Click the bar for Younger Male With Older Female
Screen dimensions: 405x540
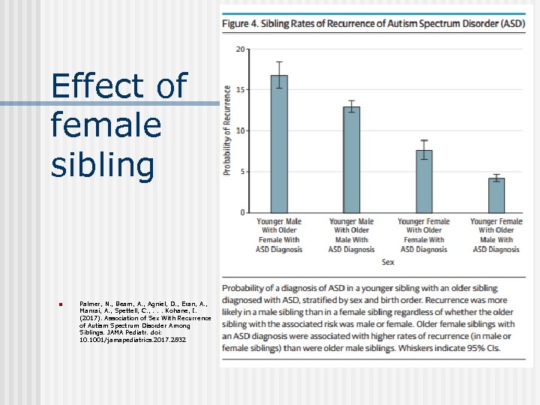click(x=278, y=144)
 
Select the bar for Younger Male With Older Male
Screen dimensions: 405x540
click(x=351, y=159)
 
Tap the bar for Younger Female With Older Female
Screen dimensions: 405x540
click(x=424, y=181)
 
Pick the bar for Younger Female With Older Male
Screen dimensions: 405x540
click(x=496, y=195)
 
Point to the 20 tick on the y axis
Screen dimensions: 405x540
click(x=240, y=49)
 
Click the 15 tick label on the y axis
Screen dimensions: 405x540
click(x=240, y=89)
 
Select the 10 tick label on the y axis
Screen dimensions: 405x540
click(x=240, y=130)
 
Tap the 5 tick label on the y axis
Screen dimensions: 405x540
click(x=241, y=172)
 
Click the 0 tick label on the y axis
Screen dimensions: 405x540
click(x=241, y=212)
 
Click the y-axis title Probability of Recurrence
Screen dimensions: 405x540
click(x=227, y=130)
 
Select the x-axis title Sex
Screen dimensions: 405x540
click(x=388, y=262)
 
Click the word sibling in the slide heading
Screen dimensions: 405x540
click(x=103, y=164)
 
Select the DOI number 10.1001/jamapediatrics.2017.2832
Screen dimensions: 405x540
click(x=133, y=340)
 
